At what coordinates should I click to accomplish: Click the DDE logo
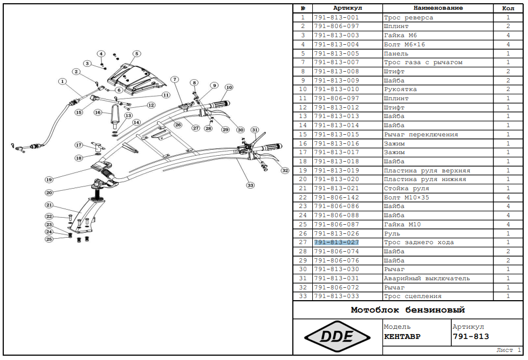pyautogui.click(x=337, y=337)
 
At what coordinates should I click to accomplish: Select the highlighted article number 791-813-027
pyautogui.click(x=336, y=243)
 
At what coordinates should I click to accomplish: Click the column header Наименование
pyautogui.click(x=438, y=8)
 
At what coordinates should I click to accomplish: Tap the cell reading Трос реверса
pyautogui.click(x=408, y=17)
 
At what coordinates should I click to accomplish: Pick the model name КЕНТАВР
pyautogui.click(x=402, y=337)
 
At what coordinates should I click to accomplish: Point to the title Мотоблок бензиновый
pyautogui.click(x=408, y=310)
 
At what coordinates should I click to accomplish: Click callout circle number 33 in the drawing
pyautogui.click(x=250, y=185)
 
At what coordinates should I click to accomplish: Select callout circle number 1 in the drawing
pyautogui.click(x=63, y=82)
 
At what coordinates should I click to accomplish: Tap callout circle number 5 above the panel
pyautogui.click(x=137, y=53)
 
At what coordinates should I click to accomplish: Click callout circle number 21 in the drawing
pyautogui.click(x=49, y=205)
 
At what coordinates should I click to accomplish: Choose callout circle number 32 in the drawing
pyautogui.click(x=285, y=170)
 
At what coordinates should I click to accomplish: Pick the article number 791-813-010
pyautogui.click(x=336, y=89)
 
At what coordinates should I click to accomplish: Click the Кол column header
pyautogui.click(x=508, y=8)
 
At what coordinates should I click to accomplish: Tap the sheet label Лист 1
pyautogui.click(x=508, y=350)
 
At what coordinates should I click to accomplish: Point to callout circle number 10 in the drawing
pyautogui.click(x=229, y=87)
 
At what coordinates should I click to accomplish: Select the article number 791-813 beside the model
pyautogui.click(x=471, y=337)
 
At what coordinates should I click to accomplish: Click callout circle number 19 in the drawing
pyautogui.click(x=49, y=179)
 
